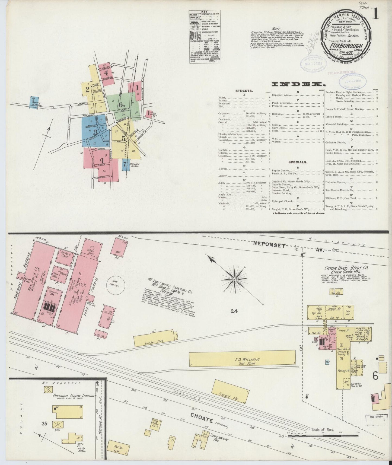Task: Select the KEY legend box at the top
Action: coord(205,37)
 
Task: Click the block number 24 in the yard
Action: coord(234,311)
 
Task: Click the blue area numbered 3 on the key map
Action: coord(95,133)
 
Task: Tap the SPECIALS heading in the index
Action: coord(298,162)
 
